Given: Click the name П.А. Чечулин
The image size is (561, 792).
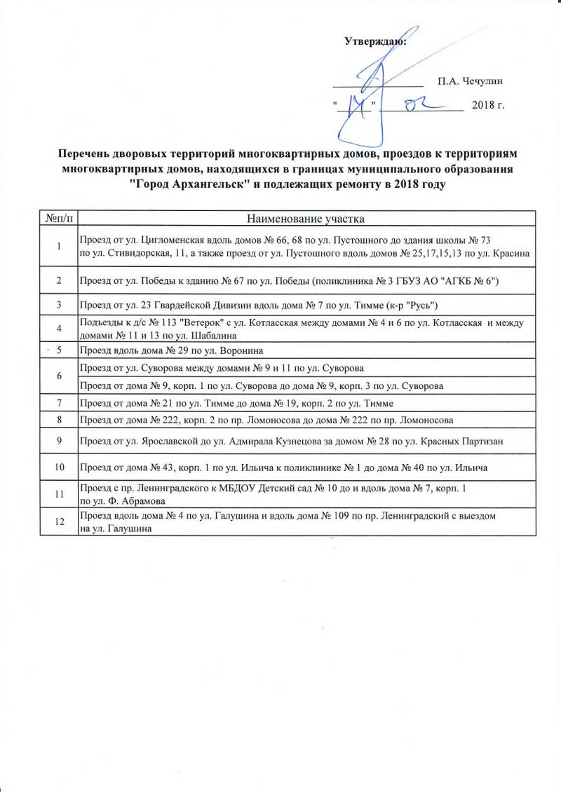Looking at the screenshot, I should [x=469, y=81].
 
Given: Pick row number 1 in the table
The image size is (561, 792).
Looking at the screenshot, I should [x=59, y=246].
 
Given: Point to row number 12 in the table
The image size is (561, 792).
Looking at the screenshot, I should [x=59, y=521].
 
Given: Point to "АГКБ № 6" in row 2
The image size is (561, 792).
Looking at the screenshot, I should [x=471, y=280].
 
